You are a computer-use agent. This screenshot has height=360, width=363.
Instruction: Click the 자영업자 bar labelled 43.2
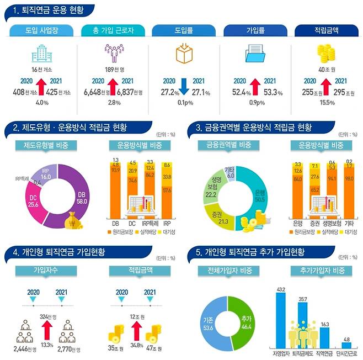point(281,320)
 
